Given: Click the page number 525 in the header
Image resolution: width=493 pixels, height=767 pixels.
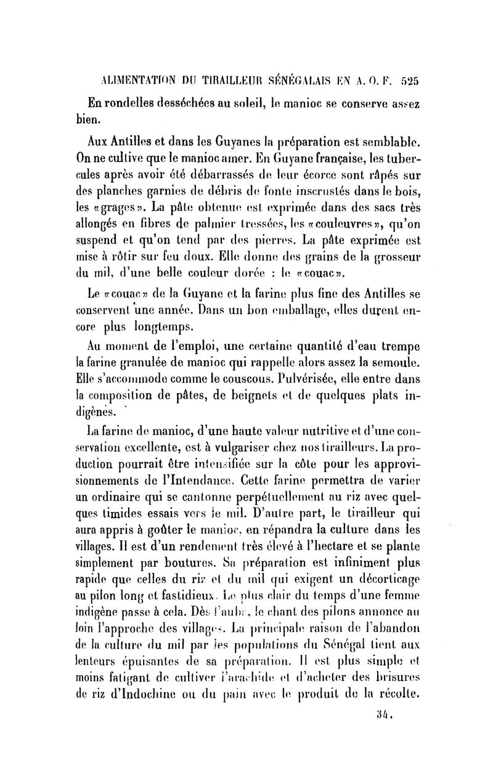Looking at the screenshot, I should pyautogui.click(x=409, y=80).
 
